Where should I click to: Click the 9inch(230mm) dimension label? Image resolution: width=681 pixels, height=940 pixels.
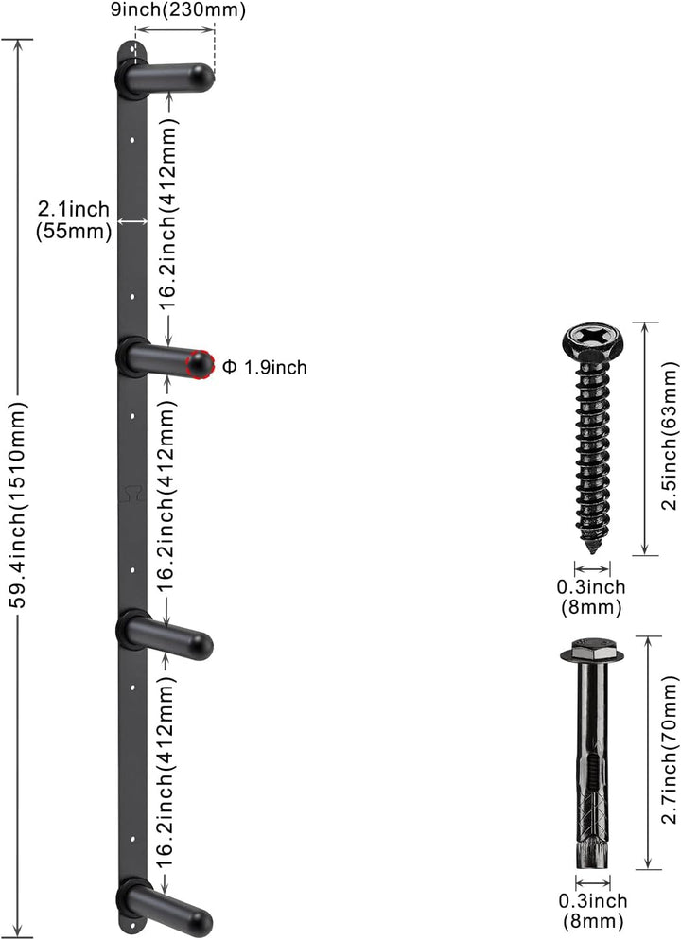[x=178, y=10]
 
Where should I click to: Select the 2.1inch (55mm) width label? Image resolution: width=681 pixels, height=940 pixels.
[x=74, y=220]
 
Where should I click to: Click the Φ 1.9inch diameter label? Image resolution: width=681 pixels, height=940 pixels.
[x=265, y=367]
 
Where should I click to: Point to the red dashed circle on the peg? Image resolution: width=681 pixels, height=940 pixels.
[x=200, y=364]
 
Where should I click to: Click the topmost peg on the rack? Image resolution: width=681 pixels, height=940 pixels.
[x=164, y=78]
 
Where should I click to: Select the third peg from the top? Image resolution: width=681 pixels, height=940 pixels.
[x=164, y=636]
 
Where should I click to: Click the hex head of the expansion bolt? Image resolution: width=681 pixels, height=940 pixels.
[x=592, y=650]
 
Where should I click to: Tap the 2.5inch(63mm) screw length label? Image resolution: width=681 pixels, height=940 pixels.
[x=669, y=438]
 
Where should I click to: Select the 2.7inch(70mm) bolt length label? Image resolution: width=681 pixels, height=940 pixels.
[x=670, y=750]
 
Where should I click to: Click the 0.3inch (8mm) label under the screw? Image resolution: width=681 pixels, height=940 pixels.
[x=591, y=597]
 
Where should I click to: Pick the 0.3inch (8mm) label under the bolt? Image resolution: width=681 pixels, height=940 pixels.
[x=593, y=911]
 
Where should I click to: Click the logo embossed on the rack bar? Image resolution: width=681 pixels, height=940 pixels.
[x=131, y=493]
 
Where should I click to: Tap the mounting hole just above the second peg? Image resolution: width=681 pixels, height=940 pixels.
[x=132, y=296]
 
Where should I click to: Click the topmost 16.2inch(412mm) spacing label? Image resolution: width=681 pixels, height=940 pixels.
[x=168, y=213]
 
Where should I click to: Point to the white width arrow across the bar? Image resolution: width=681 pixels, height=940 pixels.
[x=131, y=221]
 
